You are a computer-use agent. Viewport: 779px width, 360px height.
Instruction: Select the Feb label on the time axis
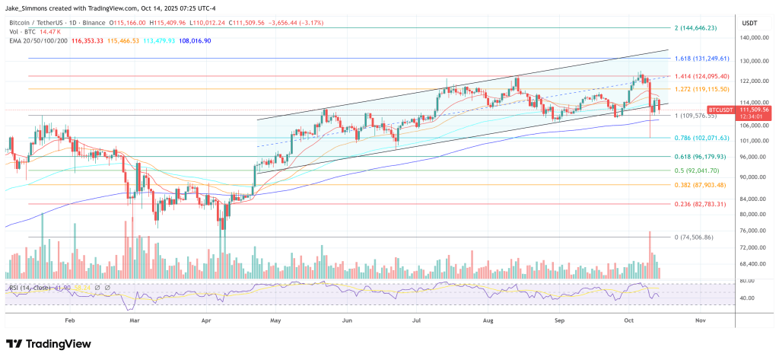coord(70,321)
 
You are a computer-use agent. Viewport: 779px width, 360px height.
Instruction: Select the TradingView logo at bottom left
coord(57,342)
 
